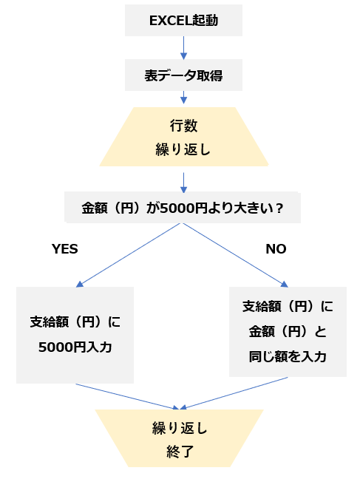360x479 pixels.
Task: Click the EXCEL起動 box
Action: pyautogui.click(x=183, y=20)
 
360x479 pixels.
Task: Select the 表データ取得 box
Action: pyautogui.click(x=183, y=75)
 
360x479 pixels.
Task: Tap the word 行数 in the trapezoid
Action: pyautogui.click(x=183, y=126)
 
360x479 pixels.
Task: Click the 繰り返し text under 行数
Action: pyautogui.click(x=183, y=149)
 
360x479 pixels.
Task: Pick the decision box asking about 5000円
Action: pyautogui.click(x=183, y=208)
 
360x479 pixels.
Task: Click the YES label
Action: pyautogui.click(x=65, y=249)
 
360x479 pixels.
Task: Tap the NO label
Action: pyautogui.click(x=276, y=249)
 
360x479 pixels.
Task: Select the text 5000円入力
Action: pyautogui.click(x=75, y=347)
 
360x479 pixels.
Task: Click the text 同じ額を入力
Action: pyautogui.click(x=288, y=356)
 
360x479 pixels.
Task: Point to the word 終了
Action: pyautogui.click(x=180, y=452)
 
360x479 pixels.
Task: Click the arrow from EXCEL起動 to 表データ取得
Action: pyautogui.click(x=183, y=47)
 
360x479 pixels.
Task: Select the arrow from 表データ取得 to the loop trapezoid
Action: pyautogui.click(x=183, y=97)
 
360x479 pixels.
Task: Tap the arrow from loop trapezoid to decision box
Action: pyautogui.click(x=183, y=183)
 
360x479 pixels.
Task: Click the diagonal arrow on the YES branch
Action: pyautogui.click(x=128, y=255)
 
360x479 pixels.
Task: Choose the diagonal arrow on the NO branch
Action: pyautogui.click(x=236, y=255)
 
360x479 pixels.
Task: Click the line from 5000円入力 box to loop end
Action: pyautogui.click(x=127, y=396)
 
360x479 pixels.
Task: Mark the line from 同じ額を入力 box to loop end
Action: pyautogui.click(x=234, y=393)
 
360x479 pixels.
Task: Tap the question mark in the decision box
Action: pyautogui.click(x=279, y=208)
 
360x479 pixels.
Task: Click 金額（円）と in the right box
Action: pyautogui.click(x=288, y=331)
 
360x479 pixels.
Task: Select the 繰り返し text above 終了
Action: pyautogui.click(x=180, y=428)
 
